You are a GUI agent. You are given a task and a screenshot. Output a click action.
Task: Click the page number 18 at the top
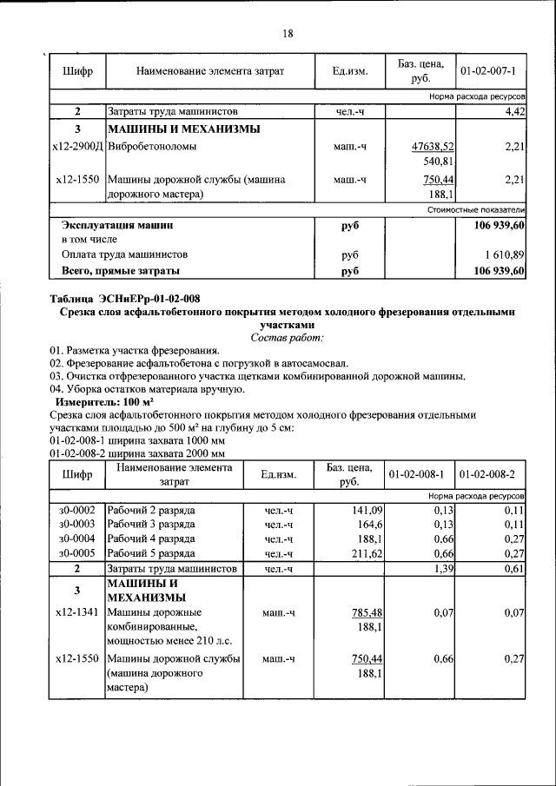point(288,34)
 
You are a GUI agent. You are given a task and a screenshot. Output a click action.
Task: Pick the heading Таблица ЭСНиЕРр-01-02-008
point(124,299)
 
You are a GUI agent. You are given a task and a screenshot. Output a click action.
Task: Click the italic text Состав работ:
point(287,336)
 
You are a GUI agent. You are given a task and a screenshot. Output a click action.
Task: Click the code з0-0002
point(76,509)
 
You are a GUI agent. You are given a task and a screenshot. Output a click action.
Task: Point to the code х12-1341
point(76,612)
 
